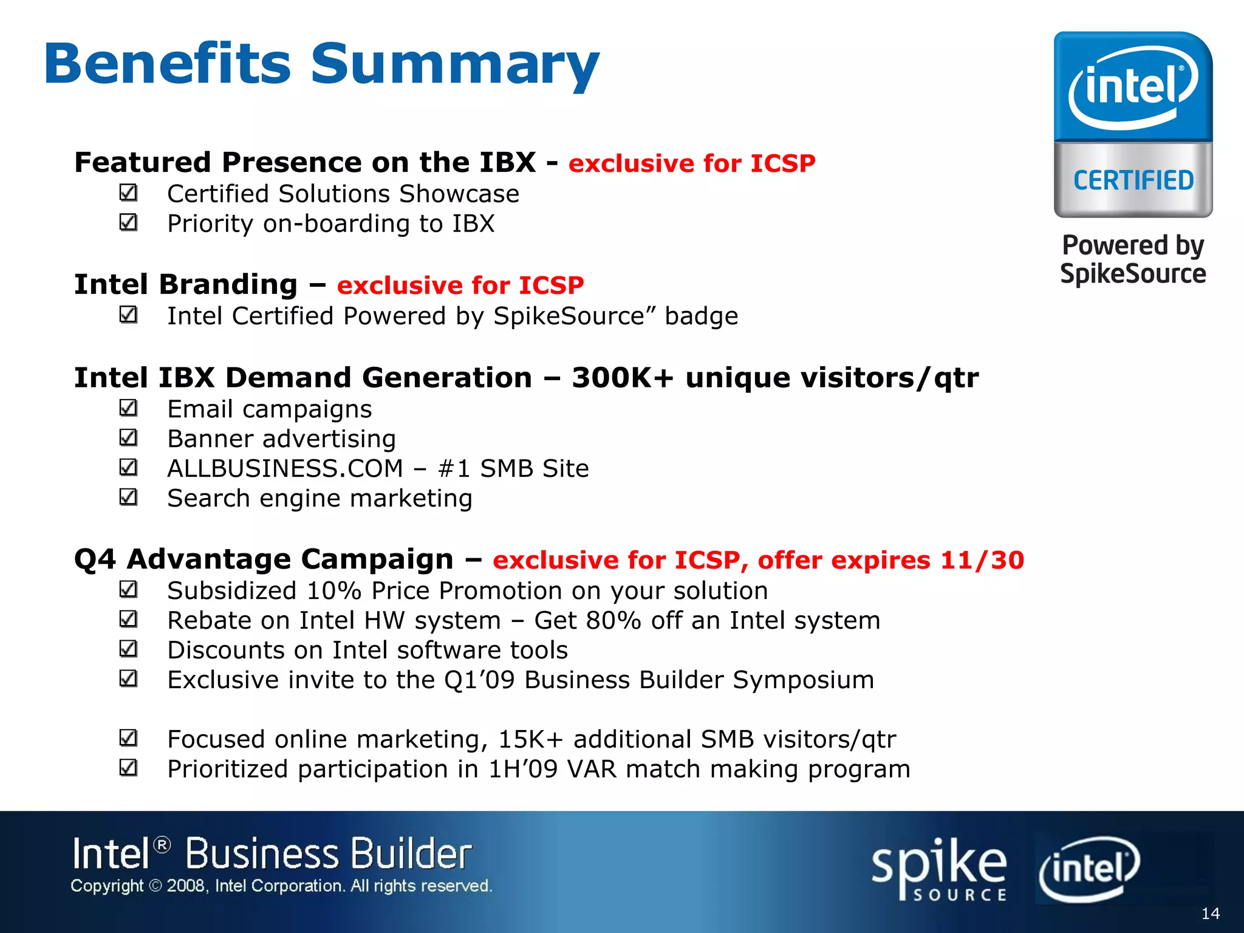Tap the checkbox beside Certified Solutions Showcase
[128, 193]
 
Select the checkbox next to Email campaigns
[128, 408]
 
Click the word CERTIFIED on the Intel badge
[1133, 180]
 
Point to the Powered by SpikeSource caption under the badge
[1133, 259]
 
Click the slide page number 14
[1210, 914]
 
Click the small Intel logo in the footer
[1089, 868]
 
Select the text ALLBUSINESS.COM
[285, 468]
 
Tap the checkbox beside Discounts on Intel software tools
[128, 649]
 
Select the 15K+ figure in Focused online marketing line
[530, 739]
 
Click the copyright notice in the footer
[281, 886]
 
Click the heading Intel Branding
[186, 284]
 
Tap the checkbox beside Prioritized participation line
[128, 768]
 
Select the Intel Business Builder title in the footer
[272, 853]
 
